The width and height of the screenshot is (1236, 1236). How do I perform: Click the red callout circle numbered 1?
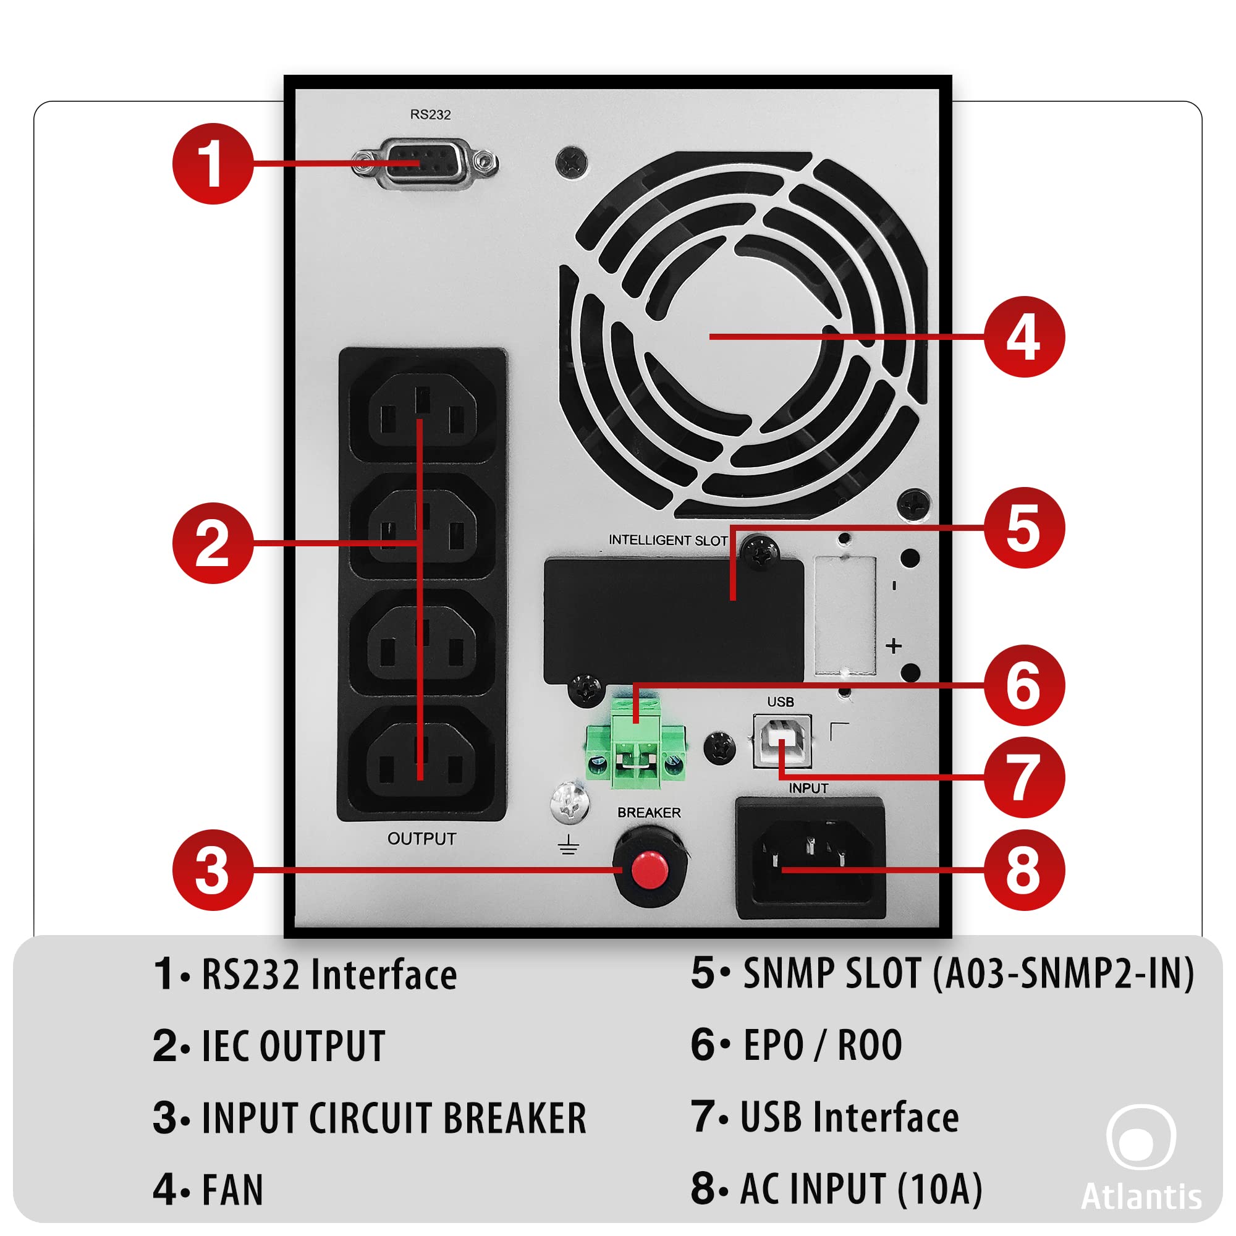pos(213,164)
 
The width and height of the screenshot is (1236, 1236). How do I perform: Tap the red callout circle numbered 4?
pos(1023,337)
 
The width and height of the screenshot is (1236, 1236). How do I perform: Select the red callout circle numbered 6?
pos(1023,685)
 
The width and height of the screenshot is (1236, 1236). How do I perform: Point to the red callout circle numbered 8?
pos(1023,870)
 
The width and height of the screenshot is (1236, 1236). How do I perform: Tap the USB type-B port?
pos(782,741)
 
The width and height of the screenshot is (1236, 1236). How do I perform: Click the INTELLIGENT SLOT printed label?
pos(668,540)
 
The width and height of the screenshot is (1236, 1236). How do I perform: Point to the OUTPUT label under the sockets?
pos(421,839)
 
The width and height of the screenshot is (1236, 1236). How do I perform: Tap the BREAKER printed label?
pos(649,813)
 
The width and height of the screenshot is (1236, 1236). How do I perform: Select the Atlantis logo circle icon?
pos(1141,1137)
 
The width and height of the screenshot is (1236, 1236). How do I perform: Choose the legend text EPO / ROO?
pos(822,1046)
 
